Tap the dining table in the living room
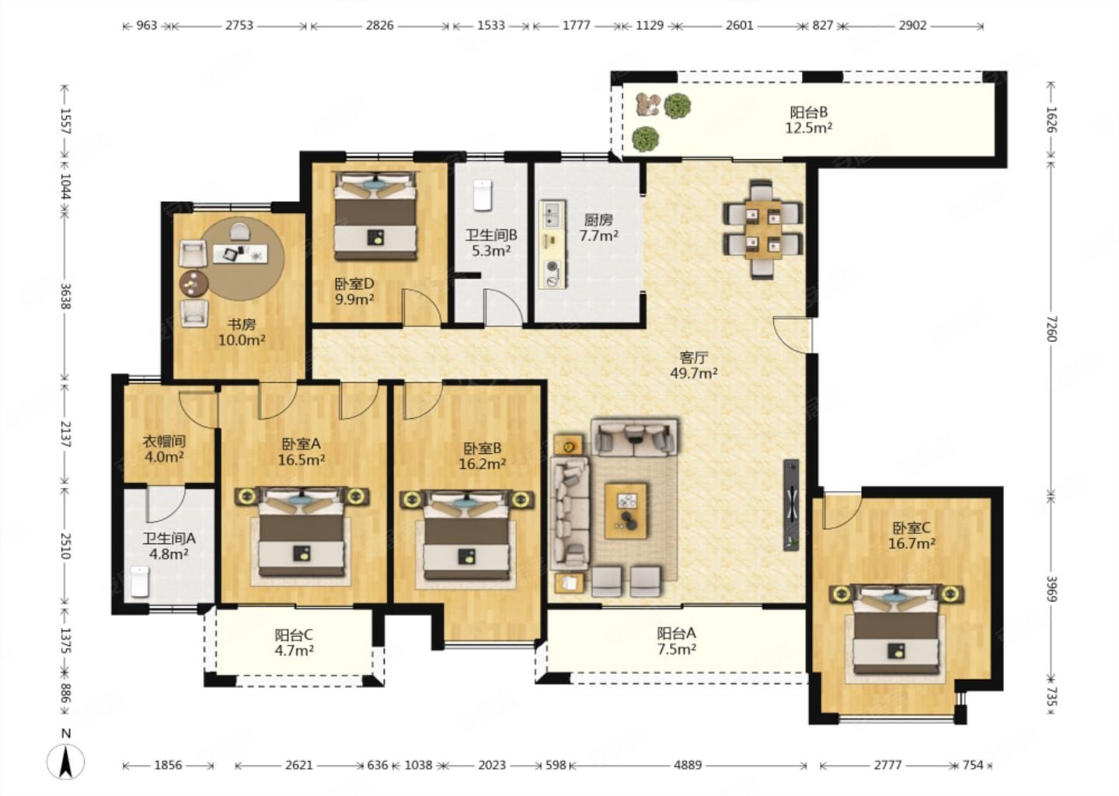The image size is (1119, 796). (763, 229)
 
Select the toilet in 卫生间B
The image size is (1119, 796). (482, 194)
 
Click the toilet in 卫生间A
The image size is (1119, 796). (140, 581)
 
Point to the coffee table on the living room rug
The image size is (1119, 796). (626, 511)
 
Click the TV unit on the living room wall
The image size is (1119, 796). (791, 504)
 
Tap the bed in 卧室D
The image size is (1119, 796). (375, 216)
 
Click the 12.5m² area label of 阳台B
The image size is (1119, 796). (808, 128)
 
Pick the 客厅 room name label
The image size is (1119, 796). (694, 358)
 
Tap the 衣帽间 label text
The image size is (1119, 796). (164, 442)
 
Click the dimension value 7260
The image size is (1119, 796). (1051, 328)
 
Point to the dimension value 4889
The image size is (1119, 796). (688, 765)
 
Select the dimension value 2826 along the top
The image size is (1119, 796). (380, 25)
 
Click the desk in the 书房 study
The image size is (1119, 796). (240, 253)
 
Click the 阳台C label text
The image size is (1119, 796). (294, 635)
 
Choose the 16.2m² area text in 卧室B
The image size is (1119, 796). (482, 464)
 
